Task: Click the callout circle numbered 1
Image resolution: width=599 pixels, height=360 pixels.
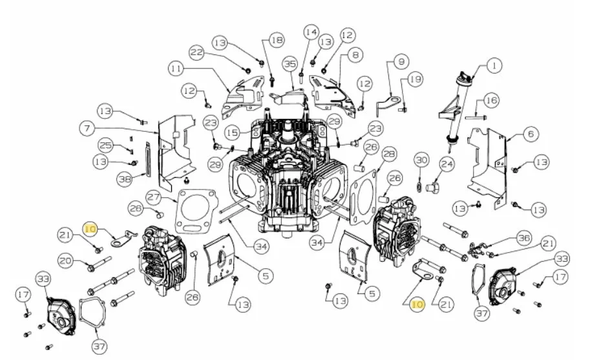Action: click(494, 66)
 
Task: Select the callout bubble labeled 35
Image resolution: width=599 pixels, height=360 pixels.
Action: click(290, 64)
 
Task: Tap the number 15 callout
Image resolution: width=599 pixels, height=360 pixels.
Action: click(232, 132)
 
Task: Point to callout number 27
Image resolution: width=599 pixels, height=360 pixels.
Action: click(154, 198)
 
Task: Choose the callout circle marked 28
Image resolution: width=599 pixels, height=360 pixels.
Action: click(389, 154)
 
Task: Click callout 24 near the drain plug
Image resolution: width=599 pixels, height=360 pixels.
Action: click(447, 165)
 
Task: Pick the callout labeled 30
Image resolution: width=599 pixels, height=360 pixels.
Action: click(421, 160)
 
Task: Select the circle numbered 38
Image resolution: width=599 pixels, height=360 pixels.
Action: click(125, 179)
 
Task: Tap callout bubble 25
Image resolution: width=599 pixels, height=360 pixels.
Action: click(106, 145)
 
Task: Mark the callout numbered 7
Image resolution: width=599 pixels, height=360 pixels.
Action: click(87, 128)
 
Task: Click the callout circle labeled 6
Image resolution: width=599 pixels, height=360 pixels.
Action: click(531, 134)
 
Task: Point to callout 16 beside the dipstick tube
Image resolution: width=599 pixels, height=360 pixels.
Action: click(491, 101)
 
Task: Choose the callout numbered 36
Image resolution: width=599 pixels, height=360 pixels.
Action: click(523, 238)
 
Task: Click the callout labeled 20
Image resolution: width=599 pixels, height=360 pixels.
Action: click(66, 260)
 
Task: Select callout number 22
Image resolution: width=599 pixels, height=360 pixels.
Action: click(196, 53)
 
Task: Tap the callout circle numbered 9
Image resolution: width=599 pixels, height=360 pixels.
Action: click(401, 61)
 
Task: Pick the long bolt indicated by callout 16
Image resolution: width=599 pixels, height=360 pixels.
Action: click(476, 117)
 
